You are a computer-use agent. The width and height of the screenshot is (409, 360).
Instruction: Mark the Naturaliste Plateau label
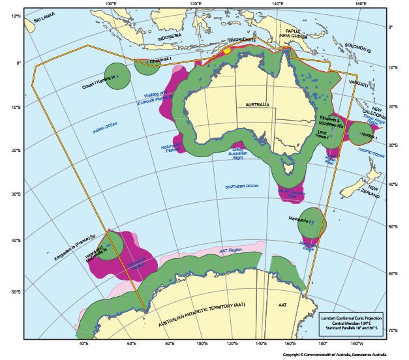tap(174, 149)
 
